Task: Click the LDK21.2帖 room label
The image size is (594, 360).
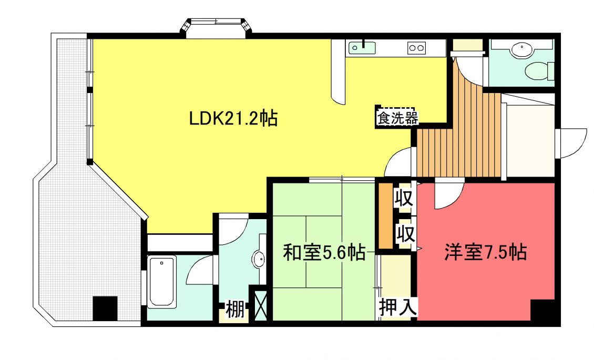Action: coord(233,119)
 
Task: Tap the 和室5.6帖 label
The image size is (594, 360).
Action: coord(324,252)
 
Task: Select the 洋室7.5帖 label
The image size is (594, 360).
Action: coord(486,252)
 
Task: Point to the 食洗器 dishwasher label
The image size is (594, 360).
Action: coord(397,118)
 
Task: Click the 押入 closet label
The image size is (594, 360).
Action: coord(398,307)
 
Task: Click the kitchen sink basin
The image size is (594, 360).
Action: coord(362,48)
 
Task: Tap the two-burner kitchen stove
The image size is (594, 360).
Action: coord(416,48)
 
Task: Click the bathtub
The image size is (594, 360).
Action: coord(162,281)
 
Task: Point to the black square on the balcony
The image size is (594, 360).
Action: coord(105,308)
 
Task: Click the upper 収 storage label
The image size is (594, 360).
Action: coord(404,198)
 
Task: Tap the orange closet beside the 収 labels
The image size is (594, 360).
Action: coord(386,216)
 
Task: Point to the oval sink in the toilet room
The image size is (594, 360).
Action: coord(521,50)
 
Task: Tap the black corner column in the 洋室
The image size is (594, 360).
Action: coord(543,311)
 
